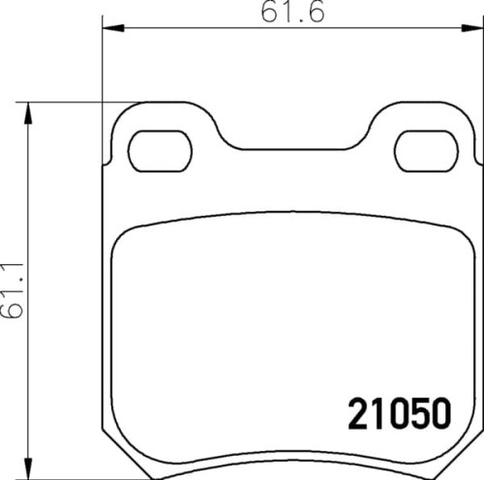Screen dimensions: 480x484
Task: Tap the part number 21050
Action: (x=399, y=414)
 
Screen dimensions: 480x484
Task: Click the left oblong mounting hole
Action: (x=161, y=150)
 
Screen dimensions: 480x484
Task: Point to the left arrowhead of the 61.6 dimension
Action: (x=108, y=28)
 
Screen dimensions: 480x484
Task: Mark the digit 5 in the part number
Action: (x=418, y=414)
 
